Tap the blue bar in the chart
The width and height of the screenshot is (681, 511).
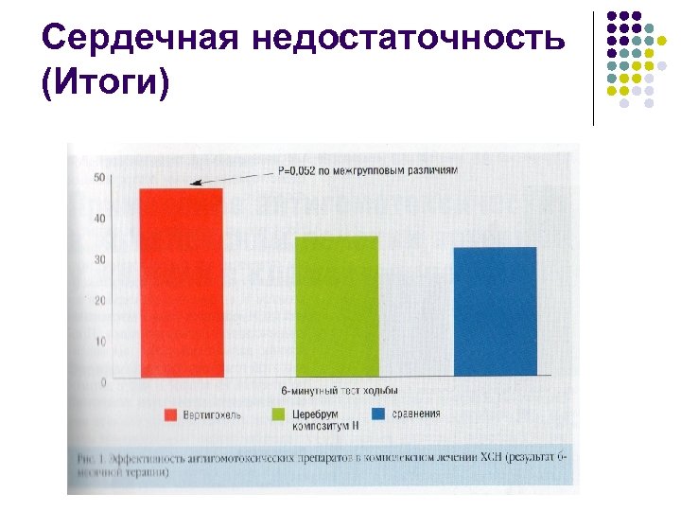[x=495, y=311]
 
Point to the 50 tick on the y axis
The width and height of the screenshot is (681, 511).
[x=99, y=178]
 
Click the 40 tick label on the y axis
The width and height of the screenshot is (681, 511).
[x=99, y=219]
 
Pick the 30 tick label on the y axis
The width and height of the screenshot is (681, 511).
[x=99, y=259]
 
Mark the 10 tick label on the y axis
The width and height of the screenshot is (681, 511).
[x=99, y=341]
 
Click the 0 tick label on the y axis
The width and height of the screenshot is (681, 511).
[x=102, y=381]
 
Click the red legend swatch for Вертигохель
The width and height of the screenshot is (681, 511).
[x=170, y=414]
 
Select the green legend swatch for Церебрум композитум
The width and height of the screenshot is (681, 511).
[x=279, y=414]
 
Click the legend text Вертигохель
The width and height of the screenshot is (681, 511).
[x=214, y=414]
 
